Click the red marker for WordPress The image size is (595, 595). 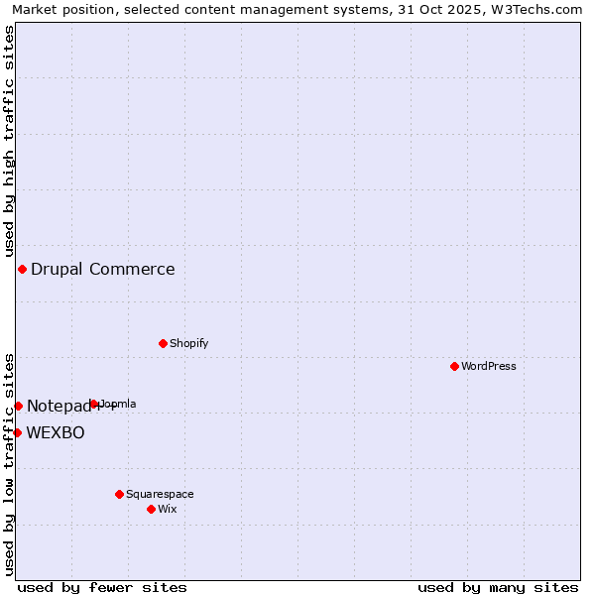pos(454,366)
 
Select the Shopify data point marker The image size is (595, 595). pos(163,343)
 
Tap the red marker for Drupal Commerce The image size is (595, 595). pos(22,269)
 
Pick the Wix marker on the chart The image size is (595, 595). pos(151,509)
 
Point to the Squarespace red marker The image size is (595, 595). pos(119,494)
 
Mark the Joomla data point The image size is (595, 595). pos(94,404)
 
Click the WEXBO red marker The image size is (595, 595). pos(17,432)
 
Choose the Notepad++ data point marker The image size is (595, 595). pos(18,406)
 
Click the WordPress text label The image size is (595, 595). pos(489,366)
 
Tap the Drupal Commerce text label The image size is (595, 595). pos(103,269)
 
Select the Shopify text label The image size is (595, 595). pos(189,343)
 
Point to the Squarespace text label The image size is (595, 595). pos(160,494)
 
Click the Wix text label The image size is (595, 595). pos(168,509)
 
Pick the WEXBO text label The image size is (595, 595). pos(56,432)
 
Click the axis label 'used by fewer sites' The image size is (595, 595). pos(102,587)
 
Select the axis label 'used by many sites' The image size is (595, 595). pos(498,587)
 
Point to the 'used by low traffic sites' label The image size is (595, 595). pos(9,463)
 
